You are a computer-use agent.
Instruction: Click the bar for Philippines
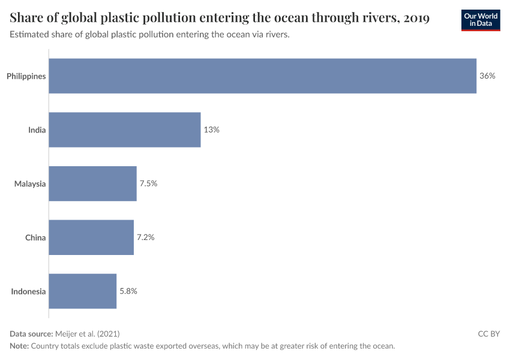tap(262, 76)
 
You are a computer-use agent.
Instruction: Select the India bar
tap(124, 130)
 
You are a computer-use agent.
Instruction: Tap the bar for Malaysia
tap(92, 184)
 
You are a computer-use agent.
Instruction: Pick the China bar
tap(91, 238)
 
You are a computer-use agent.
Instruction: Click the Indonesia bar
tap(82, 292)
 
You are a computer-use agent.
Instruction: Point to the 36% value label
tap(487, 76)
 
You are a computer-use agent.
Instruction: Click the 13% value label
tap(211, 130)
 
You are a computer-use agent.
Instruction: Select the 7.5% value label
tap(148, 184)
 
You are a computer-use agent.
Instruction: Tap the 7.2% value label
tap(145, 238)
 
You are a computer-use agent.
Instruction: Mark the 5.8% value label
tap(128, 292)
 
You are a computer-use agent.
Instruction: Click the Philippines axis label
tap(26, 76)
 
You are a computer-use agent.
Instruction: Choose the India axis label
tap(37, 130)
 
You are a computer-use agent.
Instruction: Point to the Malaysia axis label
tap(30, 184)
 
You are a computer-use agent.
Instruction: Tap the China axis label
tap(35, 238)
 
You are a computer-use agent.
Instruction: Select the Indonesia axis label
tap(28, 292)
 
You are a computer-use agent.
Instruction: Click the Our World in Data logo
tap(480, 20)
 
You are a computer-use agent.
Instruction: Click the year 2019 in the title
tap(416, 18)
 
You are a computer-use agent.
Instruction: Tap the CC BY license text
tap(488, 334)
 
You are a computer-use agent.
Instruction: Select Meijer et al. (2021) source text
tap(87, 334)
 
